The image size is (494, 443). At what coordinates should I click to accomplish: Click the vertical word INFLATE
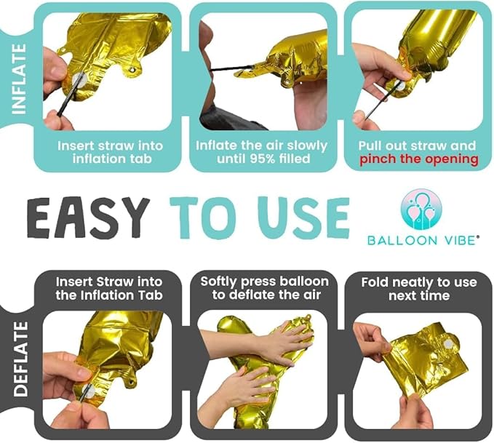coord(18,79)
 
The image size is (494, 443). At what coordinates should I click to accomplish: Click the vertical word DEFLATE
coord(20,359)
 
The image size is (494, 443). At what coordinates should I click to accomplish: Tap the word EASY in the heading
coord(88,217)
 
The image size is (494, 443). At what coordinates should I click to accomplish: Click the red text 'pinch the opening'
coord(419,159)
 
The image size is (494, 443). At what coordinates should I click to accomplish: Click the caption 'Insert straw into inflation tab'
coord(110,152)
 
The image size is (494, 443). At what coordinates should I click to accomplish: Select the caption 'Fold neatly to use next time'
coord(419,289)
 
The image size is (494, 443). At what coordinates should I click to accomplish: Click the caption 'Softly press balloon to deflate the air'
coord(264,288)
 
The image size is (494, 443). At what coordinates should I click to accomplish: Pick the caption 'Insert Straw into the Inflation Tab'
coord(109,288)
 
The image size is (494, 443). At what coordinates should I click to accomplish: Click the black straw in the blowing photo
coord(231,68)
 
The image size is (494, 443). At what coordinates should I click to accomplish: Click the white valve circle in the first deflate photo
coord(89,391)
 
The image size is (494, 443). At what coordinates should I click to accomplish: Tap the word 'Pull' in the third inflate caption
coord(370,146)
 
